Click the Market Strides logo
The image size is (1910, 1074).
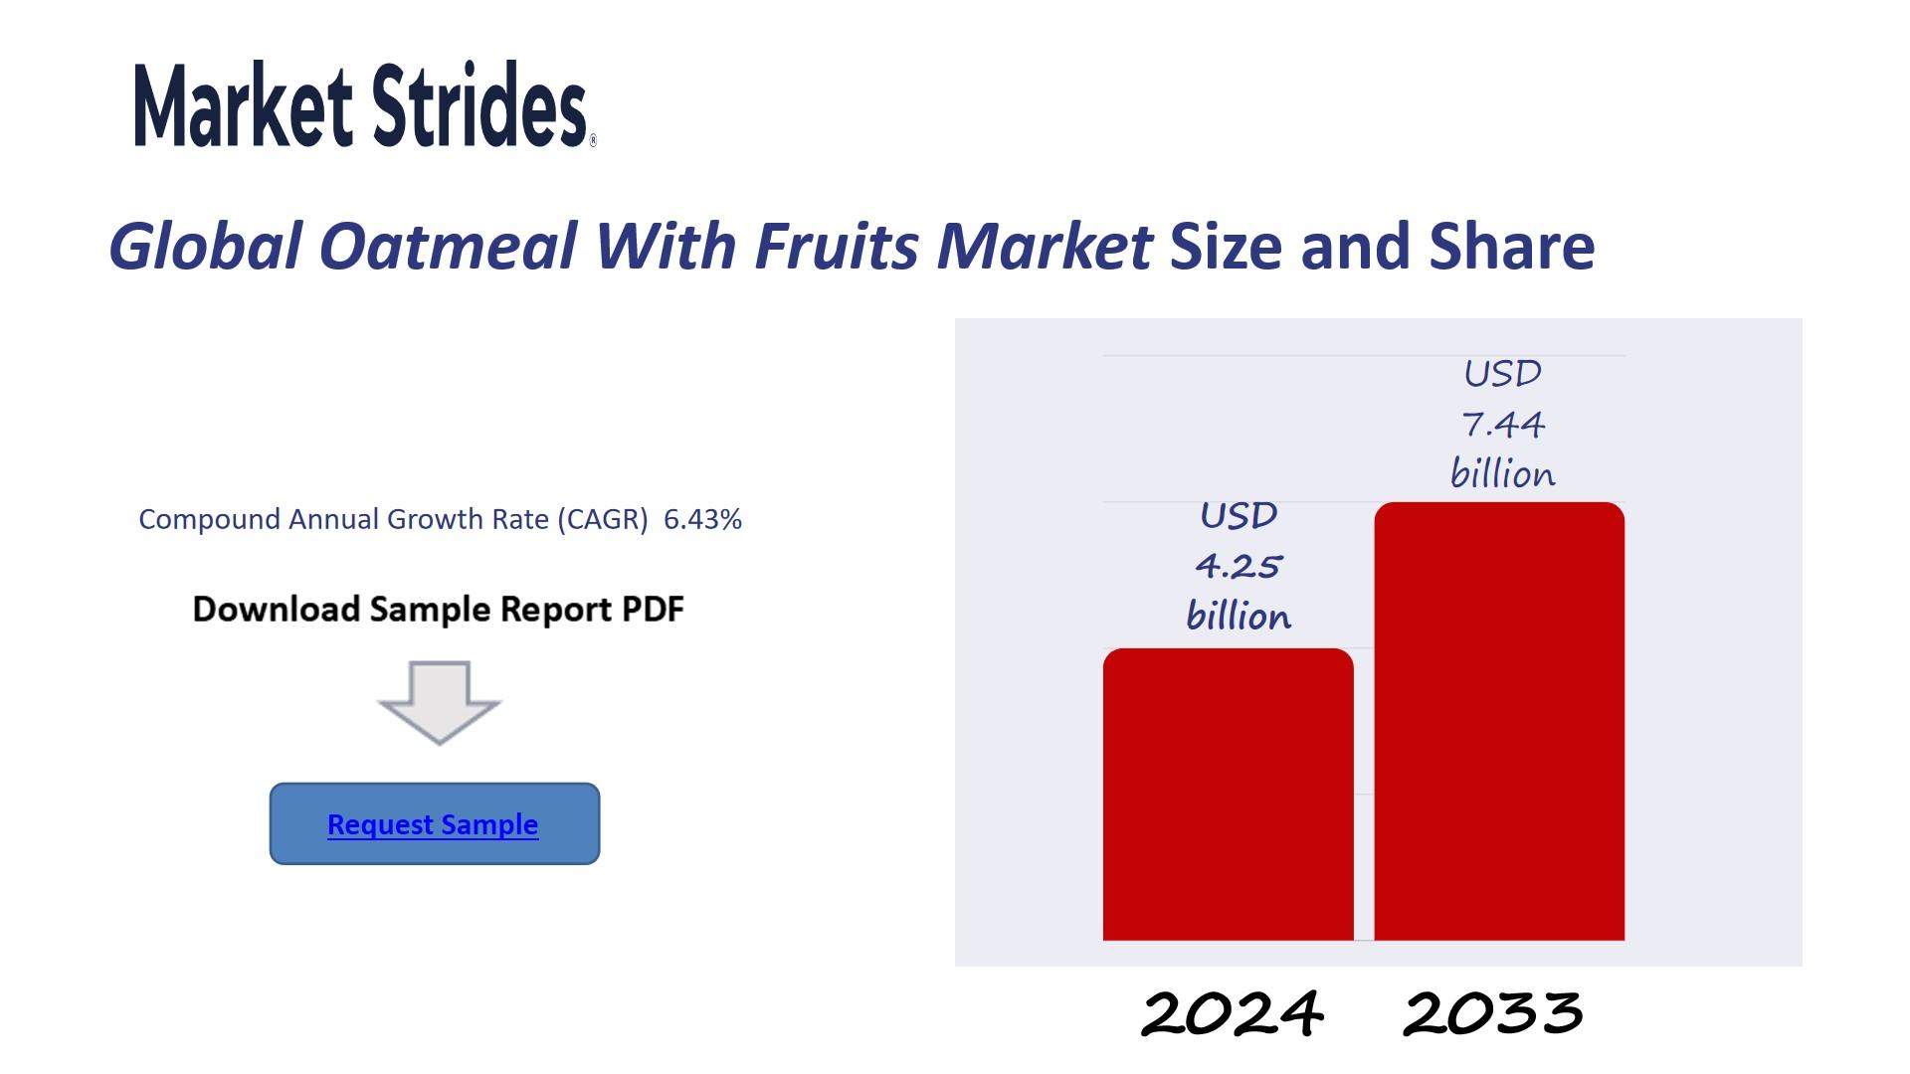pyautogui.click(x=364, y=104)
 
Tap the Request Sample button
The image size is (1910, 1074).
pyautogui.click(x=435, y=823)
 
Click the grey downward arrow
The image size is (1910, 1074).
pyautogui.click(x=439, y=702)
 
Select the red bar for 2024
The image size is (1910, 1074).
pyautogui.click(x=1229, y=794)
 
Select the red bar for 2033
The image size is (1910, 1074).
pyautogui.click(x=1499, y=721)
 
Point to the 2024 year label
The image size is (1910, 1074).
pyautogui.click(x=1232, y=1013)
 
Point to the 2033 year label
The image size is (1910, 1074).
pyautogui.click(x=1493, y=1013)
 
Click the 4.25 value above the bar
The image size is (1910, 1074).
pyautogui.click(x=1239, y=566)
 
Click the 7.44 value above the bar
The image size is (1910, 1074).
pyautogui.click(x=1503, y=425)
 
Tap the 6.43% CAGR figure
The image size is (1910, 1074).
pyautogui.click(x=702, y=519)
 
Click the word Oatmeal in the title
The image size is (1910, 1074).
pyautogui.click(x=448, y=246)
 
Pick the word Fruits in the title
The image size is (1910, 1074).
pyautogui.click(x=837, y=246)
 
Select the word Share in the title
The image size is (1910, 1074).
pyautogui.click(x=1512, y=246)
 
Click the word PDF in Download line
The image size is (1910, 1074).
pyautogui.click(x=653, y=609)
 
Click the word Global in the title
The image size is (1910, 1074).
pyautogui.click(x=204, y=246)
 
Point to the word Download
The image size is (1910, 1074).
pyautogui.click(x=276, y=609)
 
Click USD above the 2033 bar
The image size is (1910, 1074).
pyautogui.click(x=1503, y=374)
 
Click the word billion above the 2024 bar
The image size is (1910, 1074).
pyautogui.click(x=1239, y=616)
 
